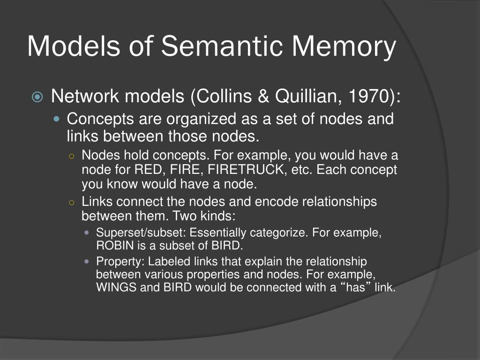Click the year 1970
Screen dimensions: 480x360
(x=370, y=97)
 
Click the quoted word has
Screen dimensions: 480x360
(x=355, y=288)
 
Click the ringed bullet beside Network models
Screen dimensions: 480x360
(x=37, y=97)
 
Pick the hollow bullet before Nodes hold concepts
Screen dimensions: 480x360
(x=72, y=156)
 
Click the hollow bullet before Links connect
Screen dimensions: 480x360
(x=72, y=202)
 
